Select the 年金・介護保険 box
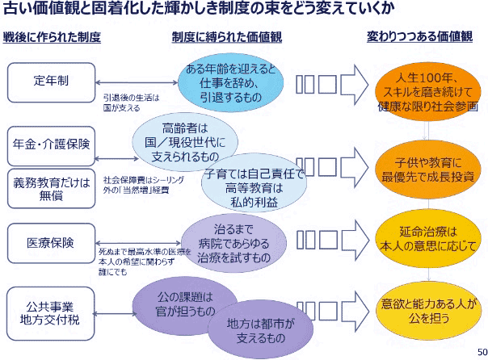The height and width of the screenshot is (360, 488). pyautogui.click(x=50, y=143)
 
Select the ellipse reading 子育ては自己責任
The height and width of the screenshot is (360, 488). pyautogui.click(x=254, y=187)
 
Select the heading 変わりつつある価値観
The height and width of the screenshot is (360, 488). pyautogui.click(x=420, y=38)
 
